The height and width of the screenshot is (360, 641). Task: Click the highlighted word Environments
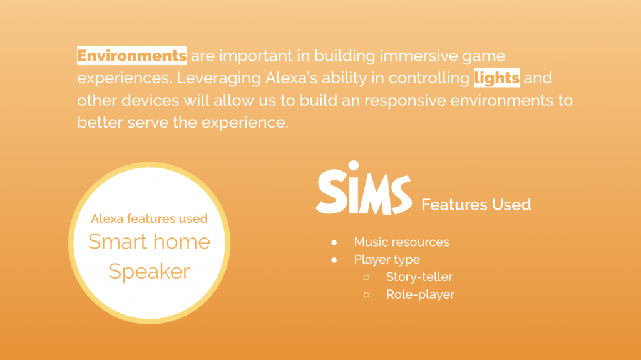[131, 56]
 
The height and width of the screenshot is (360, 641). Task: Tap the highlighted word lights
[496, 78]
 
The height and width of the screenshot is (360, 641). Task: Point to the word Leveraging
[218, 78]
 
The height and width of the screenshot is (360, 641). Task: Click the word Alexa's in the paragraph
[291, 78]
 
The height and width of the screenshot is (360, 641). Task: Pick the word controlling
[429, 78]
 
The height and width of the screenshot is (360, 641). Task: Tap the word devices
[150, 100]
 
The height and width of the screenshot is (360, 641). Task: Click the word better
[100, 122]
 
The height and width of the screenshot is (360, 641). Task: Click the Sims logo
[364, 188]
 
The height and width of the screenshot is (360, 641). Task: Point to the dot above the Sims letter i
[354, 165]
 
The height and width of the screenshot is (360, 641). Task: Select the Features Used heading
[476, 205]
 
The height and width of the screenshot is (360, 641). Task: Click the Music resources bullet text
[401, 242]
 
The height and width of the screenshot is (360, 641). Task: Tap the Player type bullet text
[387, 260]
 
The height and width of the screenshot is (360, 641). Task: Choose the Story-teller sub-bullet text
[419, 277]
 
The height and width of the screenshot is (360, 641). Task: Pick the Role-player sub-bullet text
[420, 294]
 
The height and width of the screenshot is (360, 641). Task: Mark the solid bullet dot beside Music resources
[334, 242]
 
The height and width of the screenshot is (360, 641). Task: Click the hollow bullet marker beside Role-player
[366, 294]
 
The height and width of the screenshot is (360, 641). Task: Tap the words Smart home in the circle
[149, 242]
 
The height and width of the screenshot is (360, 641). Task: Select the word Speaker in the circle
[149, 272]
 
